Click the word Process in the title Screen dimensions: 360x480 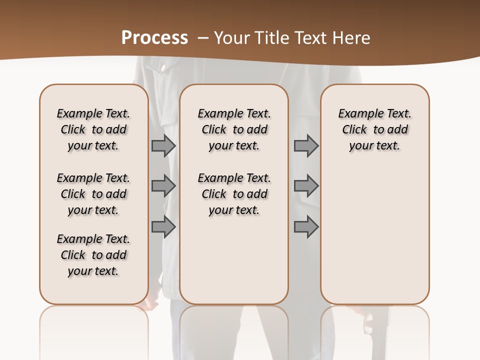pyautogui.click(x=154, y=38)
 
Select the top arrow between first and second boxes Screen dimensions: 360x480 pyautogui.click(x=163, y=146)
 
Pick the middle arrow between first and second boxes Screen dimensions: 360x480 pyautogui.click(x=163, y=186)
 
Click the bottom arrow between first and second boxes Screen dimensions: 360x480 pyautogui.click(x=163, y=227)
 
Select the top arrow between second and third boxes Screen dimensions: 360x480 pyautogui.click(x=306, y=146)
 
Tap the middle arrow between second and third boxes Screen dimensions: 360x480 pyautogui.click(x=306, y=186)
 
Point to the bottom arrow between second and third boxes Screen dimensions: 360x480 pyautogui.click(x=306, y=227)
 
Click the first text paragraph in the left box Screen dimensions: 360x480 pyautogui.click(x=93, y=129)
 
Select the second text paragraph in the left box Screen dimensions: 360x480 pyautogui.click(x=93, y=194)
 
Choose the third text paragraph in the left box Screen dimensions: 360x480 pyautogui.click(x=93, y=255)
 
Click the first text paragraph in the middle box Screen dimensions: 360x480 pyautogui.click(x=234, y=129)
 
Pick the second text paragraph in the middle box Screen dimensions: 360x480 pyautogui.click(x=234, y=194)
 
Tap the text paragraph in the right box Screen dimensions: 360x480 pyautogui.click(x=374, y=129)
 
